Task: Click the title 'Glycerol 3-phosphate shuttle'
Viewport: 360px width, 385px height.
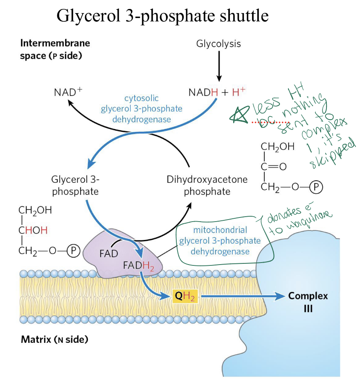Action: pyautogui.click(x=162, y=16)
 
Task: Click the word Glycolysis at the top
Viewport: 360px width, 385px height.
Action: pyautogui.click(x=218, y=43)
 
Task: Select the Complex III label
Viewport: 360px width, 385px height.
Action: pyautogui.click(x=308, y=301)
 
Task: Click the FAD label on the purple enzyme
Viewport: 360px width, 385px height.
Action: pyautogui.click(x=108, y=253)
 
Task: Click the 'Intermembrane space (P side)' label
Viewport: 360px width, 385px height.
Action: pyautogui.click(x=55, y=49)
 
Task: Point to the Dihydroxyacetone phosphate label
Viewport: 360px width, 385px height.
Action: pyautogui.click(x=207, y=185)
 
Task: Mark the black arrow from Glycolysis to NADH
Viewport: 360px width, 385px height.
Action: pyautogui.click(x=219, y=66)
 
